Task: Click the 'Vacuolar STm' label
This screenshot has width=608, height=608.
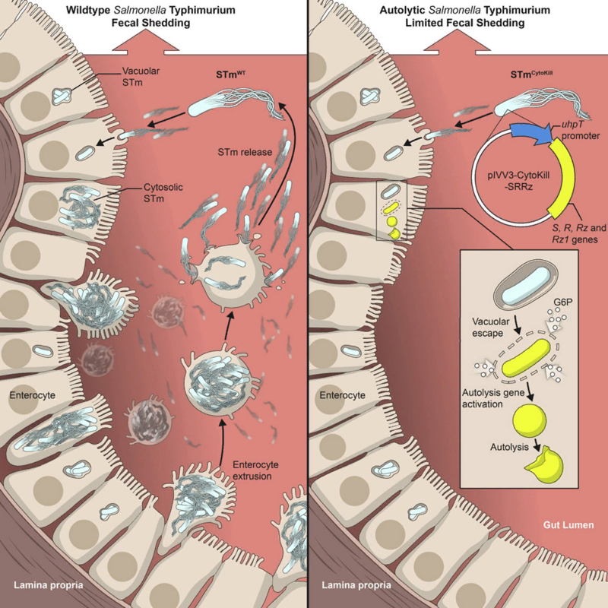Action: click(x=141, y=78)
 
